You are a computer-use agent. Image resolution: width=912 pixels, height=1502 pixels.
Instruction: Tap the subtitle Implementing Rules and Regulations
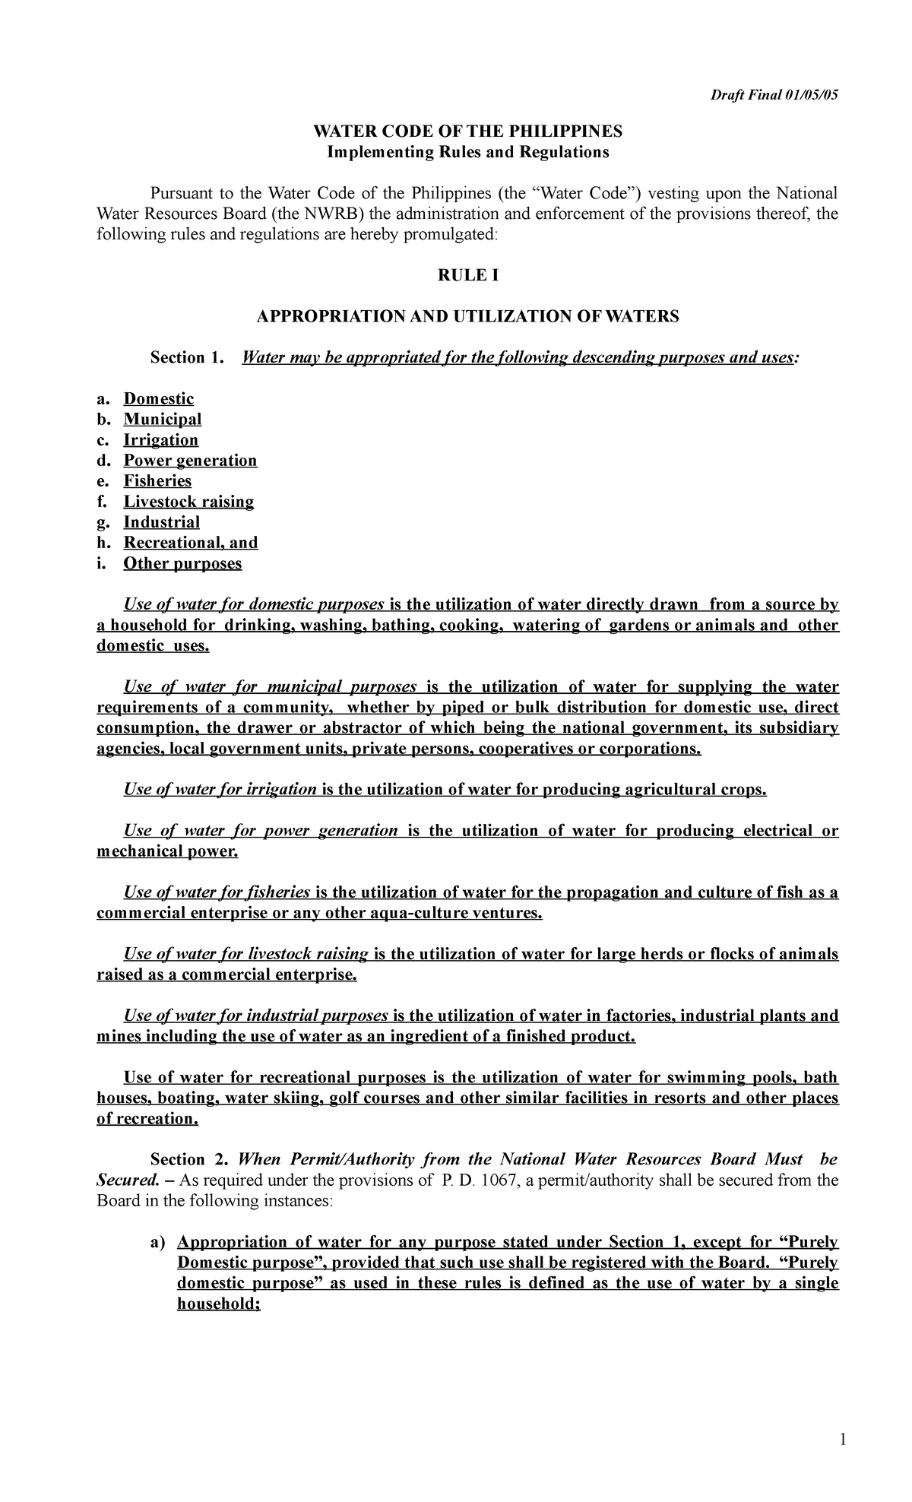pos(467,152)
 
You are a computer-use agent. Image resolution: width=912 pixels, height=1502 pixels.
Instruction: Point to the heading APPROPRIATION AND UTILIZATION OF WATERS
pos(467,316)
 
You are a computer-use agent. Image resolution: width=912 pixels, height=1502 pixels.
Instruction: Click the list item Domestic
pos(159,399)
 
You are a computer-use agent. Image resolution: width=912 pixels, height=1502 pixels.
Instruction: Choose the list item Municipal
pos(163,420)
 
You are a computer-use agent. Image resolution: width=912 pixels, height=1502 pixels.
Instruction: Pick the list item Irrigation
pos(161,440)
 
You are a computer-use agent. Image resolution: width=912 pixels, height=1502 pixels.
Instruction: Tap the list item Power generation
pos(190,461)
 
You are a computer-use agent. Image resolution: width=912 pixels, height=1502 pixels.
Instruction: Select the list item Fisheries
pos(157,481)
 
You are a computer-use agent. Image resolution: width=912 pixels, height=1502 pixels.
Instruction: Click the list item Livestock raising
pos(188,502)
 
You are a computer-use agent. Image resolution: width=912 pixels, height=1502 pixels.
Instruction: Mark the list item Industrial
pos(162,522)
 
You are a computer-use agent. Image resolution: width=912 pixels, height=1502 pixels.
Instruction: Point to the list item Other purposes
pos(182,563)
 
